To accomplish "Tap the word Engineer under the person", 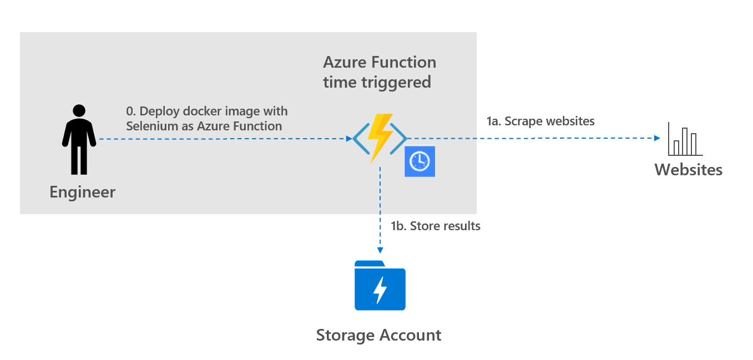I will coord(82,192).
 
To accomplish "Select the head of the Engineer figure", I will coord(79,110).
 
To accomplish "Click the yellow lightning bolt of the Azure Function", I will coord(380,138).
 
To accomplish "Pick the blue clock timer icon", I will coord(420,161).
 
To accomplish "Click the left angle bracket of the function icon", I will coord(360,138).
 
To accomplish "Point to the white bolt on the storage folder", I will coord(380,289).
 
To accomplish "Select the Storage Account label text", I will coord(378,335).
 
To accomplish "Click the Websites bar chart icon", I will coord(685,140).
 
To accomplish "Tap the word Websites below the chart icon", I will coord(688,169).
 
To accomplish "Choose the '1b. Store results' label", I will coord(436,226).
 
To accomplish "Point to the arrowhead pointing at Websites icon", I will coord(658,138).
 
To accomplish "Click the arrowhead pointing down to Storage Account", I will coord(380,250).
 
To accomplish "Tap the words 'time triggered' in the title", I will coord(377,82).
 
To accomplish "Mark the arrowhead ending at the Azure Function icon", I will coord(347,139).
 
